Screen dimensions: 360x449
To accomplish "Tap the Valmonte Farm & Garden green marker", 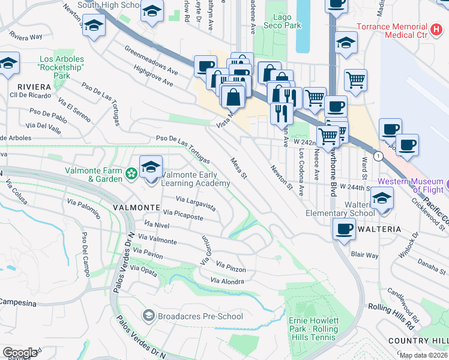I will point(131,174).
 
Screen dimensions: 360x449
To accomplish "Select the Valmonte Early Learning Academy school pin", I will point(151,167).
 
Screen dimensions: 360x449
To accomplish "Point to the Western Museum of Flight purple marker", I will point(445,182).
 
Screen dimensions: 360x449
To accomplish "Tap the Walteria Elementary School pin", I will point(381,199).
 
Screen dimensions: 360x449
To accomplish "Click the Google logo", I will point(20,352).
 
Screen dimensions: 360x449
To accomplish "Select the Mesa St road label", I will point(239,167).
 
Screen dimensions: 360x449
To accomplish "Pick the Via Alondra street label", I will point(228,281).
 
